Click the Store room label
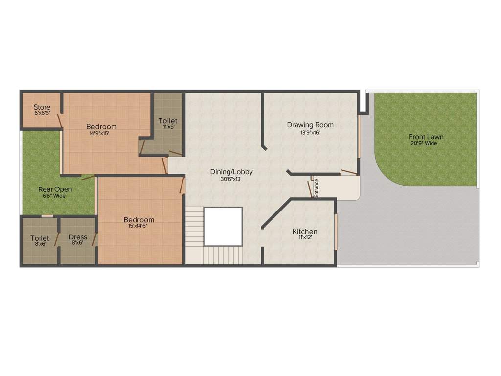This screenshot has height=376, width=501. click(42, 107)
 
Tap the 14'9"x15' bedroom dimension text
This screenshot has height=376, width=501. click(101, 133)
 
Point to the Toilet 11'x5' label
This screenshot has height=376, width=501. click(168, 121)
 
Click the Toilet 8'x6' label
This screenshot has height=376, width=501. click(40, 238)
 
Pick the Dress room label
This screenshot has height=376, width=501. click(78, 237)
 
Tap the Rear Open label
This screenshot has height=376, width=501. click(55, 189)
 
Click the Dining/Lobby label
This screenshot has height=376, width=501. click(231, 172)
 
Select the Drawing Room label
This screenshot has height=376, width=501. click(310, 125)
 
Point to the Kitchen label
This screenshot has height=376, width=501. click(305, 231)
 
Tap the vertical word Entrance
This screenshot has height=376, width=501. click(316, 188)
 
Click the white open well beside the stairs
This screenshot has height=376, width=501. click(223, 226)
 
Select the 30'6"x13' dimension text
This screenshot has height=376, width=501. click(231, 179)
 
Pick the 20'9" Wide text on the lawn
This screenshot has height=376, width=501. click(424, 143)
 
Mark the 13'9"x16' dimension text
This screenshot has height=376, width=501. click(310, 132)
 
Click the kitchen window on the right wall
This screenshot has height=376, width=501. click(336, 231)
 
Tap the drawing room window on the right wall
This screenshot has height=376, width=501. click(360, 136)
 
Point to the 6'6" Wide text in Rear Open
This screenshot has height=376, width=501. click(54, 196)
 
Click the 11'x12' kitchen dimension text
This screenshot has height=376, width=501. click(305, 237)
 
